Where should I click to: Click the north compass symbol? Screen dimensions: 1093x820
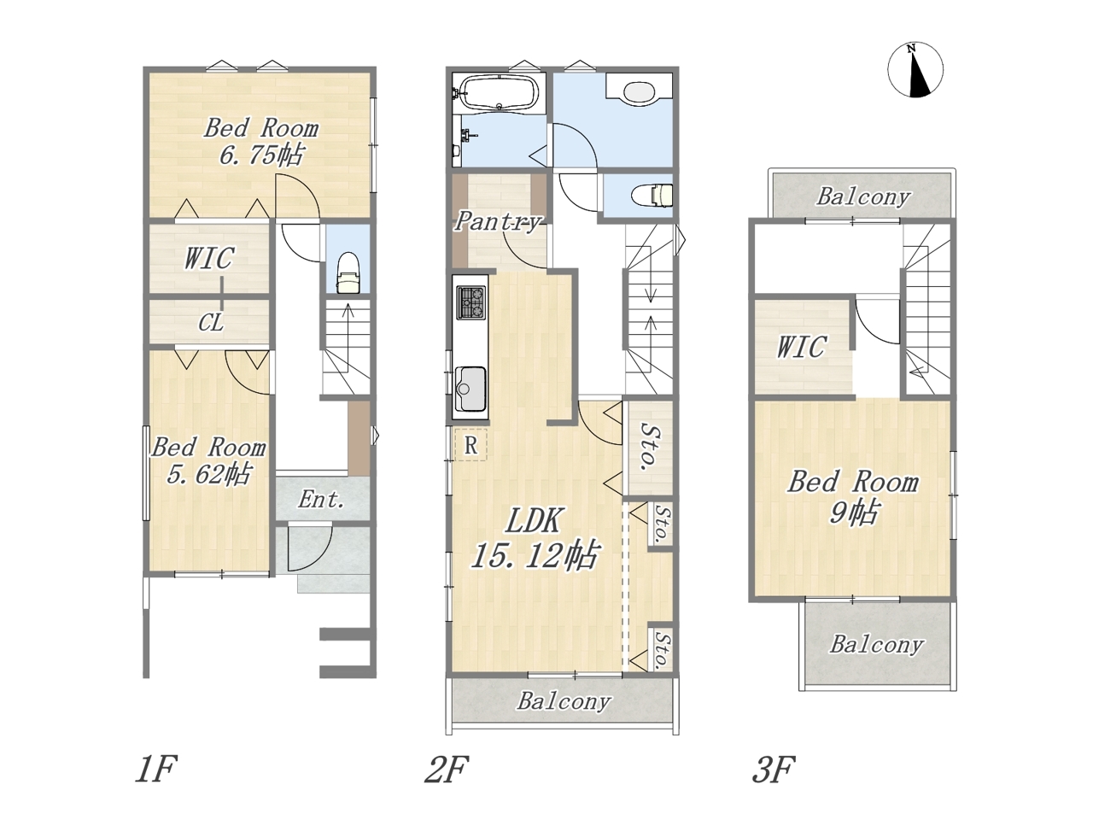tap(915, 70)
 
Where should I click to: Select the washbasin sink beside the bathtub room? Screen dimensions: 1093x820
tap(639, 93)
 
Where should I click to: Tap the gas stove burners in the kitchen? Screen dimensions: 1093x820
tap(471, 302)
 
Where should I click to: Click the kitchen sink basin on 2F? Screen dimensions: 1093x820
tap(470, 389)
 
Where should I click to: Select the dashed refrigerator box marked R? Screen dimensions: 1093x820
tap(471, 444)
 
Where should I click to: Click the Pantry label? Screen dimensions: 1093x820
tap(498, 220)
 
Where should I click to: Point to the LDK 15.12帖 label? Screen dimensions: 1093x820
tap(535, 538)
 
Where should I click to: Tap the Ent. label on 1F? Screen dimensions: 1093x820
tap(322, 500)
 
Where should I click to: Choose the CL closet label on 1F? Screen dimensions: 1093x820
tap(211, 323)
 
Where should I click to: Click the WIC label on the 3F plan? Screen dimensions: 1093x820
tap(802, 347)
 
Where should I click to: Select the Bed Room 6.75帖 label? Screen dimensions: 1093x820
tap(261, 142)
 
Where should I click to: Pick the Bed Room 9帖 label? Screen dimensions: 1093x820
tap(853, 496)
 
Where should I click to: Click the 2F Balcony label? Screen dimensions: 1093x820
tap(564, 702)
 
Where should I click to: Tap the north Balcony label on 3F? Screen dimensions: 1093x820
tap(863, 196)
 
